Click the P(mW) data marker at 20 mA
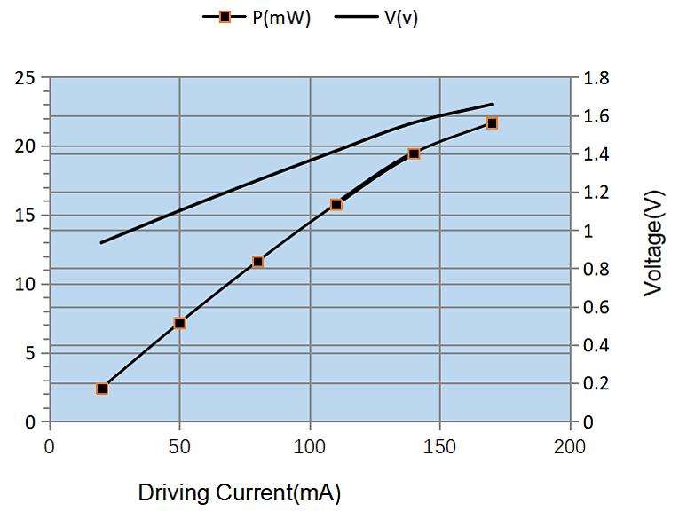102,389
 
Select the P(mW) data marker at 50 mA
179,324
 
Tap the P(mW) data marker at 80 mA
257,262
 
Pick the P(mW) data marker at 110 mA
336,205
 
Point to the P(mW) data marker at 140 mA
414,153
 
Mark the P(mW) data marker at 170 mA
492,123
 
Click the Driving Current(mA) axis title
240,493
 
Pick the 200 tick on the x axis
569,446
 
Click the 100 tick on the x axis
310,446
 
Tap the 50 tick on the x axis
179,446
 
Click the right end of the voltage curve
492,104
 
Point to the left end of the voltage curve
101,242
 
